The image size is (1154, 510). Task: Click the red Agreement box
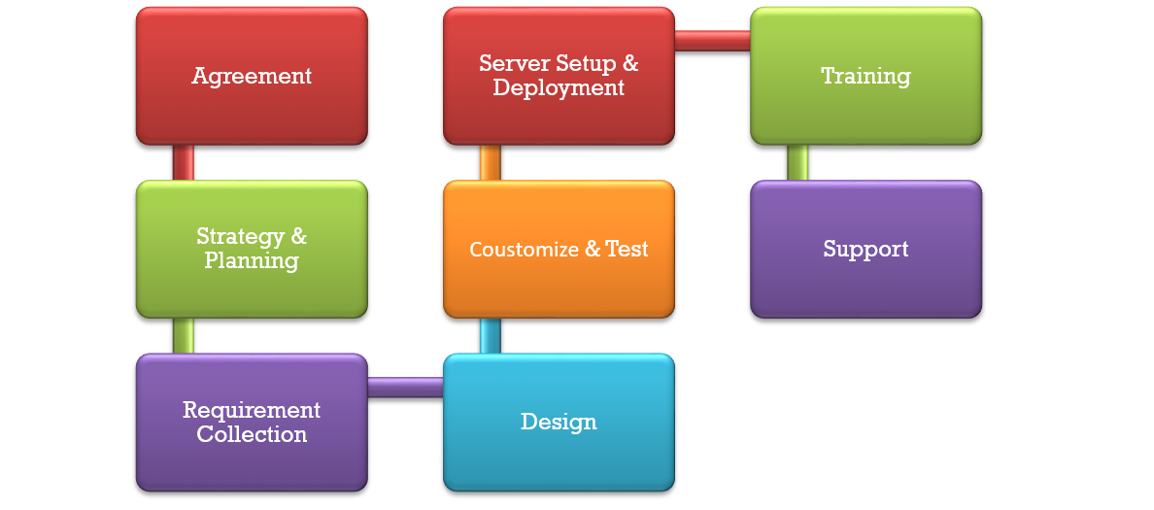252,76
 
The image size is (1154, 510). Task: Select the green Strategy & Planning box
252,249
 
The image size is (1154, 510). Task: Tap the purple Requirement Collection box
252,422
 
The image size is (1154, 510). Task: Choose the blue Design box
559,422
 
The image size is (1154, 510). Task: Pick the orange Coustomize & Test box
559,249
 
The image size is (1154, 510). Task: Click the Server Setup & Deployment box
559,76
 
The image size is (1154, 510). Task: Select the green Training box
865,76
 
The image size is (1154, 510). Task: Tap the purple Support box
865,249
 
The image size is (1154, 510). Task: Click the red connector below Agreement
184,162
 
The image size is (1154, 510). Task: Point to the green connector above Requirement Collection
184,335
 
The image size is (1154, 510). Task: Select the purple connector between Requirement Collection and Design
405,387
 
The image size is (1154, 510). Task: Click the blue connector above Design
491,335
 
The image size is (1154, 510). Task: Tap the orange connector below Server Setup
491,162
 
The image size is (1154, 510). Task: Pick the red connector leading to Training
712,41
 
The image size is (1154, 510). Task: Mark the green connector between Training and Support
798,162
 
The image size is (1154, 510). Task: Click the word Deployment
559,88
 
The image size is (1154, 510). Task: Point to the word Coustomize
524,250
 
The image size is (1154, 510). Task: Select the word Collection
252,434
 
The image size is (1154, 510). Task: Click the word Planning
252,261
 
